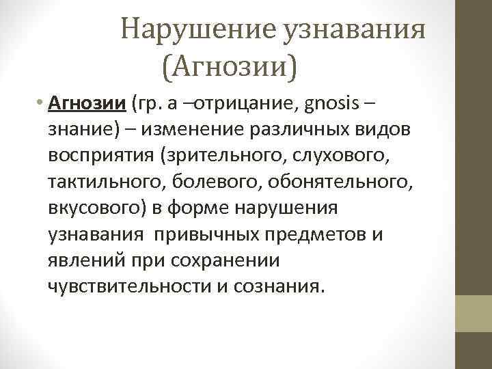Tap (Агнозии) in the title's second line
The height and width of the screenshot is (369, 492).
click(x=231, y=66)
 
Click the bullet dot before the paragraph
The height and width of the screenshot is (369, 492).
click(x=42, y=104)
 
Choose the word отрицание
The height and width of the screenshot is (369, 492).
click(x=244, y=104)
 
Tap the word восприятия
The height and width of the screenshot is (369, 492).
click(x=100, y=156)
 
